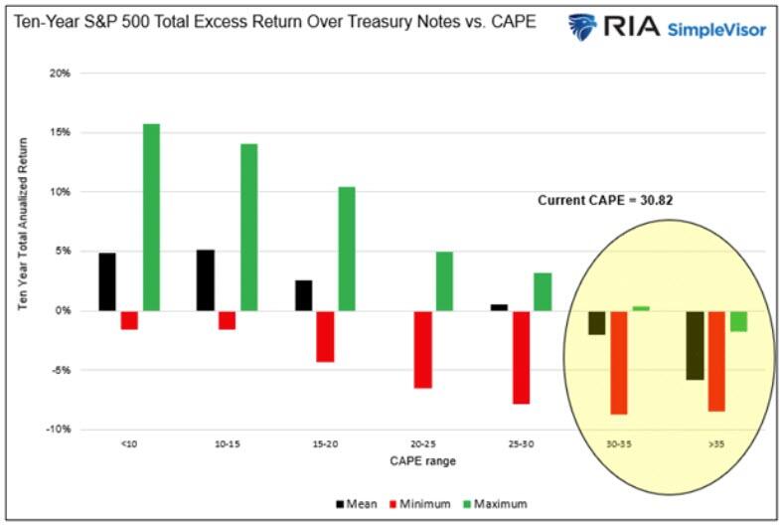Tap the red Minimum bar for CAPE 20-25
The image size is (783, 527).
423,349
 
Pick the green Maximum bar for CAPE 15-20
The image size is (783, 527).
347,249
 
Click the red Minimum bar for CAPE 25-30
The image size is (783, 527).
521,357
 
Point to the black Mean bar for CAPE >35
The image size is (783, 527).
695,345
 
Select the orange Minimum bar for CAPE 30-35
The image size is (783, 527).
618,362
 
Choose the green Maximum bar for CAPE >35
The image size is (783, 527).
738,320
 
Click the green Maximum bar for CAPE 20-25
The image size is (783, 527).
444,280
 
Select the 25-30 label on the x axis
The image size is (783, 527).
521,443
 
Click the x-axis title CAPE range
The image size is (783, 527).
422,460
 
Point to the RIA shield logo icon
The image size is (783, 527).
581,27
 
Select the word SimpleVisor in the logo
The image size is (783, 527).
716,30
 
